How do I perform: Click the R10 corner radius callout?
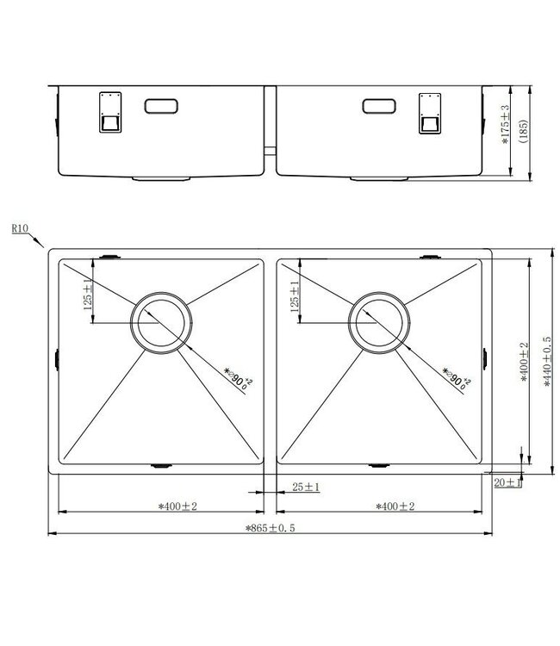click(x=22, y=229)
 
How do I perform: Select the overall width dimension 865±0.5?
click(x=269, y=528)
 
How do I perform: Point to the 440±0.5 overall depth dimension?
click(x=545, y=362)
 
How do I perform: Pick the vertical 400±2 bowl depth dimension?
click(x=523, y=362)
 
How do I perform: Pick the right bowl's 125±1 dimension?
click(x=296, y=297)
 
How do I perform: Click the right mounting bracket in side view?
click(x=428, y=112)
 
